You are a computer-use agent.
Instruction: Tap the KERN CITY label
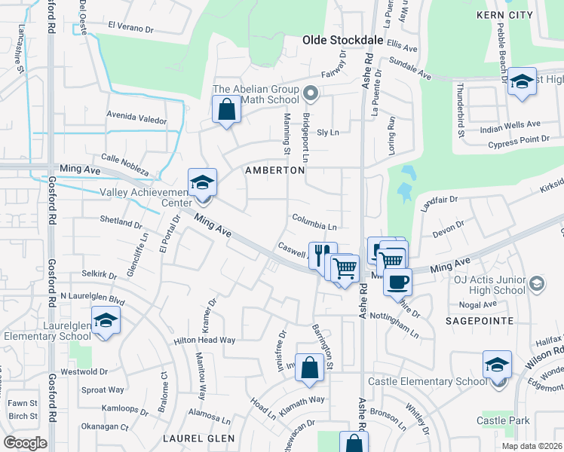505,14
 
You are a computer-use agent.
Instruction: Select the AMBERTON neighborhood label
275,170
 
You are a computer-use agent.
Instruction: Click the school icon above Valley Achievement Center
202,184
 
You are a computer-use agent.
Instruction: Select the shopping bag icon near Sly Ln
227,111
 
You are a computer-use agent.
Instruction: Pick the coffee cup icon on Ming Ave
397,282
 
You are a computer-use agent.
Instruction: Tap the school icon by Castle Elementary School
497,366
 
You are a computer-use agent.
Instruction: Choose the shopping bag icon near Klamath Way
309,369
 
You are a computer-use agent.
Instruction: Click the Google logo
25,443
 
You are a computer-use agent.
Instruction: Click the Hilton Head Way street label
204,341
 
